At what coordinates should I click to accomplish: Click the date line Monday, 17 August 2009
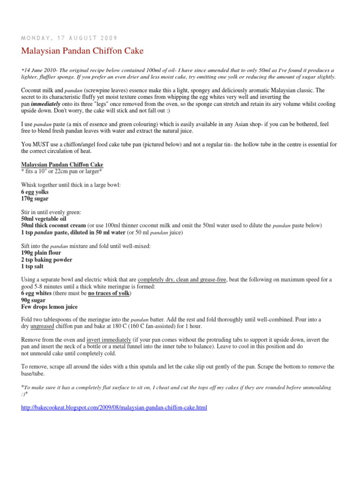click(x=69, y=37)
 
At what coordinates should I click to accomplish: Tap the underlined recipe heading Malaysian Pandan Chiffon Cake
click(x=62, y=165)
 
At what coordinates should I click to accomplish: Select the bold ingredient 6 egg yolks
click(x=35, y=192)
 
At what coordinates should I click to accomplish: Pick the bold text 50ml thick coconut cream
click(x=53, y=225)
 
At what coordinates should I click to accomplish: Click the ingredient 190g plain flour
click(x=41, y=253)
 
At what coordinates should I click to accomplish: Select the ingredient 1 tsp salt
click(x=32, y=266)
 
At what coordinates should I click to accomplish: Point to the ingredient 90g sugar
click(x=32, y=300)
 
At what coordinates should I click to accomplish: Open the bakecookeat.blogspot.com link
click(x=114, y=408)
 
